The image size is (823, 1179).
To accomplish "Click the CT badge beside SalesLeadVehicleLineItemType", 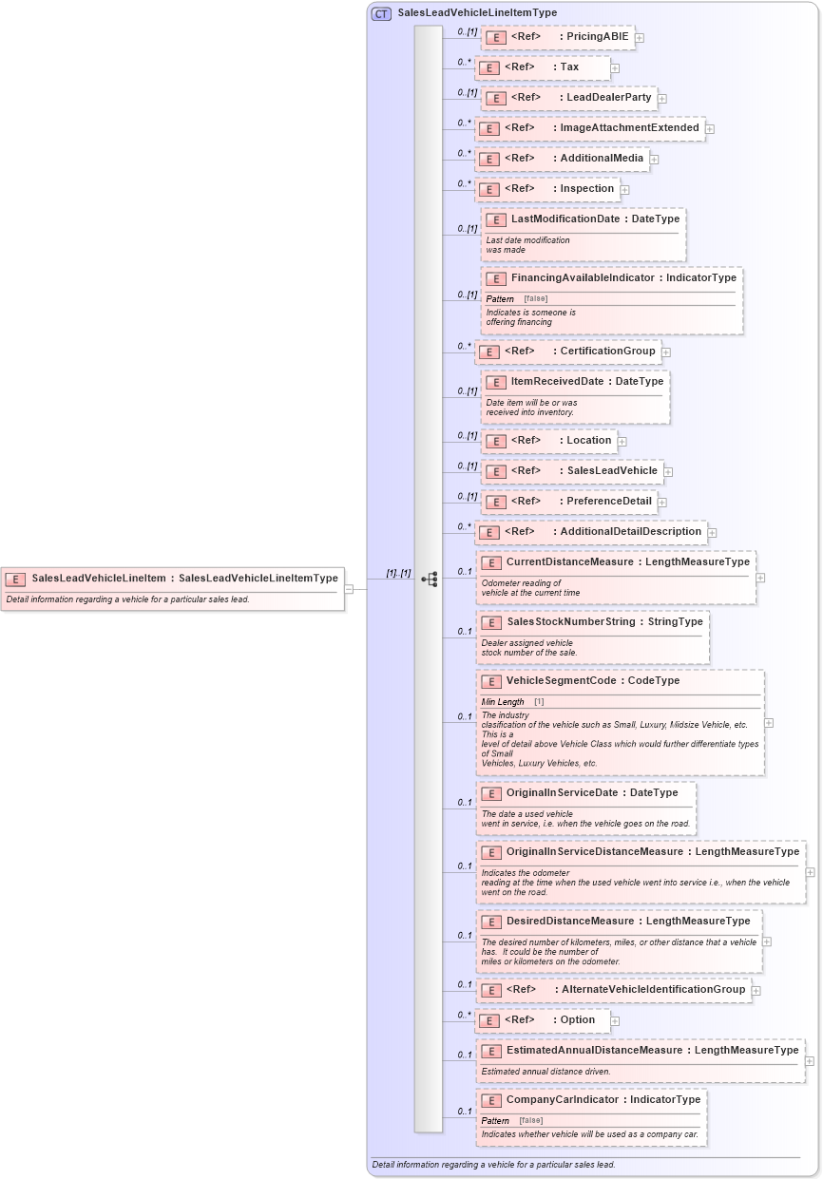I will tap(381, 13).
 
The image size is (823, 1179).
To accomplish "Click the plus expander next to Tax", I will tap(616, 68).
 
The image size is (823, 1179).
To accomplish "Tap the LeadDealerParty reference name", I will tap(608, 98).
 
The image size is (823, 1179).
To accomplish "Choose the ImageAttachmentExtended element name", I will tap(629, 128).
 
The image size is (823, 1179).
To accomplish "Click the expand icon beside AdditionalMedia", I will tap(655, 159).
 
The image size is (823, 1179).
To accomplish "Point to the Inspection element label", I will tap(586, 189).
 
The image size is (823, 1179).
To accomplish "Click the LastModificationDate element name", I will tap(565, 219).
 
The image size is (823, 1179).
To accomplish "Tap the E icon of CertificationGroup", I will tap(488, 352).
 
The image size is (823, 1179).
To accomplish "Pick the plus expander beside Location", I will tap(622, 441).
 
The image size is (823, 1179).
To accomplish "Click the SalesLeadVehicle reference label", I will tap(611, 471).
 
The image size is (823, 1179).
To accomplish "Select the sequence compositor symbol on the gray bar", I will tap(430, 579).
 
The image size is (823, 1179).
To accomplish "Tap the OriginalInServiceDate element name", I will tap(562, 793).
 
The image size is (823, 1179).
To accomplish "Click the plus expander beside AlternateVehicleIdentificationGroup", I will tap(756, 991).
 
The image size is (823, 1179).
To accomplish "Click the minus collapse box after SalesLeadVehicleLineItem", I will tap(349, 588).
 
